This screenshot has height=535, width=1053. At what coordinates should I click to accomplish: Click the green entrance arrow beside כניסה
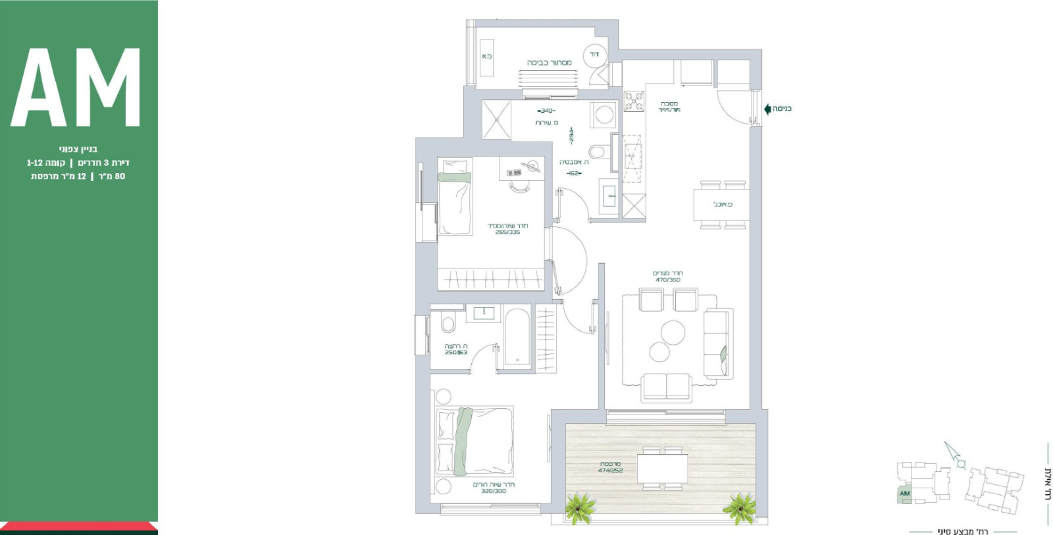(x=767, y=109)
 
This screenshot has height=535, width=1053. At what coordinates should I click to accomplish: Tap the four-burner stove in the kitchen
(x=634, y=101)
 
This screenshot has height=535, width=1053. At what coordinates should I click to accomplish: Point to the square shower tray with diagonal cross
(x=496, y=119)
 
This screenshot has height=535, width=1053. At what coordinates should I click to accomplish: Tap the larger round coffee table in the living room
(x=673, y=331)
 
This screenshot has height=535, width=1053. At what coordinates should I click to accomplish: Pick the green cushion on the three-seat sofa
(x=724, y=356)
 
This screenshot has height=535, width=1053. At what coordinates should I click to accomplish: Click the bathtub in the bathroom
(x=517, y=338)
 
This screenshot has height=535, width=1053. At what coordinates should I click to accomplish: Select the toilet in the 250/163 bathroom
(x=448, y=324)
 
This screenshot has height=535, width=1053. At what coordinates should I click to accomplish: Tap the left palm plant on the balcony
(x=580, y=507)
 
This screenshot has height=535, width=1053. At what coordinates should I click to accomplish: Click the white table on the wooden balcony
(x=662, y=469)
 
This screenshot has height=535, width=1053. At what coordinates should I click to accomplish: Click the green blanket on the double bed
(x=464, y=441)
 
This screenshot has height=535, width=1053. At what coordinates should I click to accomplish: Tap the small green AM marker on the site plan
(x=905, y=494)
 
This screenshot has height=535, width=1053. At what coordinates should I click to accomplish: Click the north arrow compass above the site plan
(x=954, y=455)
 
